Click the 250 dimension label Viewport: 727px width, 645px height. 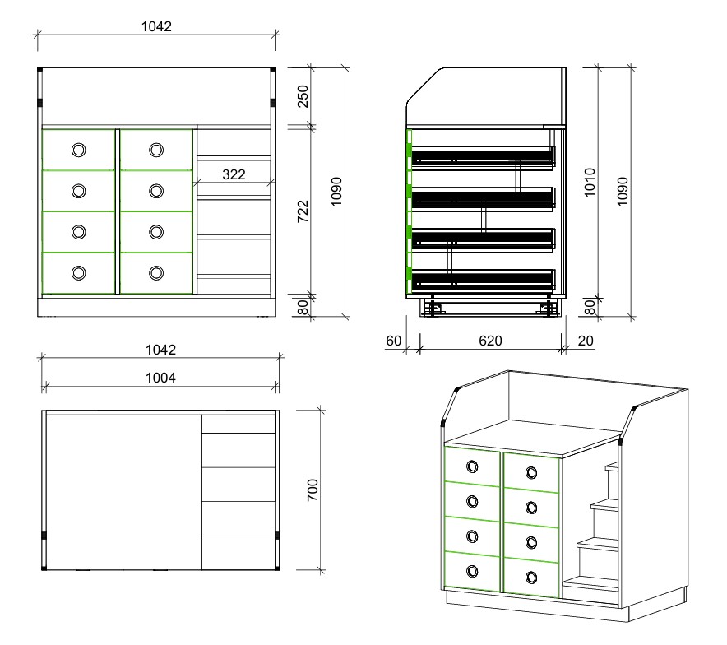(x=303, y=96)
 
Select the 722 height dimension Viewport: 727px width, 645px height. (x=303, y=211)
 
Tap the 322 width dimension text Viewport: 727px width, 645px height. (x=234, y=174)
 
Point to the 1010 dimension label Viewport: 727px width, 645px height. (x=590, y=183)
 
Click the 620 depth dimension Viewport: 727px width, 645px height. (x=490, y=341)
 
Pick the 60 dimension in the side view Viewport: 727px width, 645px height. (x=394, y=341)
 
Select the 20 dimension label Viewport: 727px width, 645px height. (x=586, y=341)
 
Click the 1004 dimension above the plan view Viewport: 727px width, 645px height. (x=161, y=378)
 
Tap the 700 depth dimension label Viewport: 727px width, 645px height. (x=313, y=490)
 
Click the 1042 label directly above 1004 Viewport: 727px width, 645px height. (x=161, y=350)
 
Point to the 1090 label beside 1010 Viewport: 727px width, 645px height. (x=623, y=192)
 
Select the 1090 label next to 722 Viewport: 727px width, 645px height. (x=336, y=192)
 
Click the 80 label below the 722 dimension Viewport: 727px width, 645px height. (x=303, y=307)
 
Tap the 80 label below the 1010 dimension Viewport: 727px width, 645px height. (x=590, y=307)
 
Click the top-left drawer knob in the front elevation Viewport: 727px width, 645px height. (x=79, y=150)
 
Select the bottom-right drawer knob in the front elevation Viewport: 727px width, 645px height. (x=156, y=272)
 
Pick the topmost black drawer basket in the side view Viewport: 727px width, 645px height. (x=483, y=158)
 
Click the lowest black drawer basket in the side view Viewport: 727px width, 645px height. (x=483, y=281)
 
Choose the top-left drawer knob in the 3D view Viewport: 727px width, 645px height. (x=472, y=466)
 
